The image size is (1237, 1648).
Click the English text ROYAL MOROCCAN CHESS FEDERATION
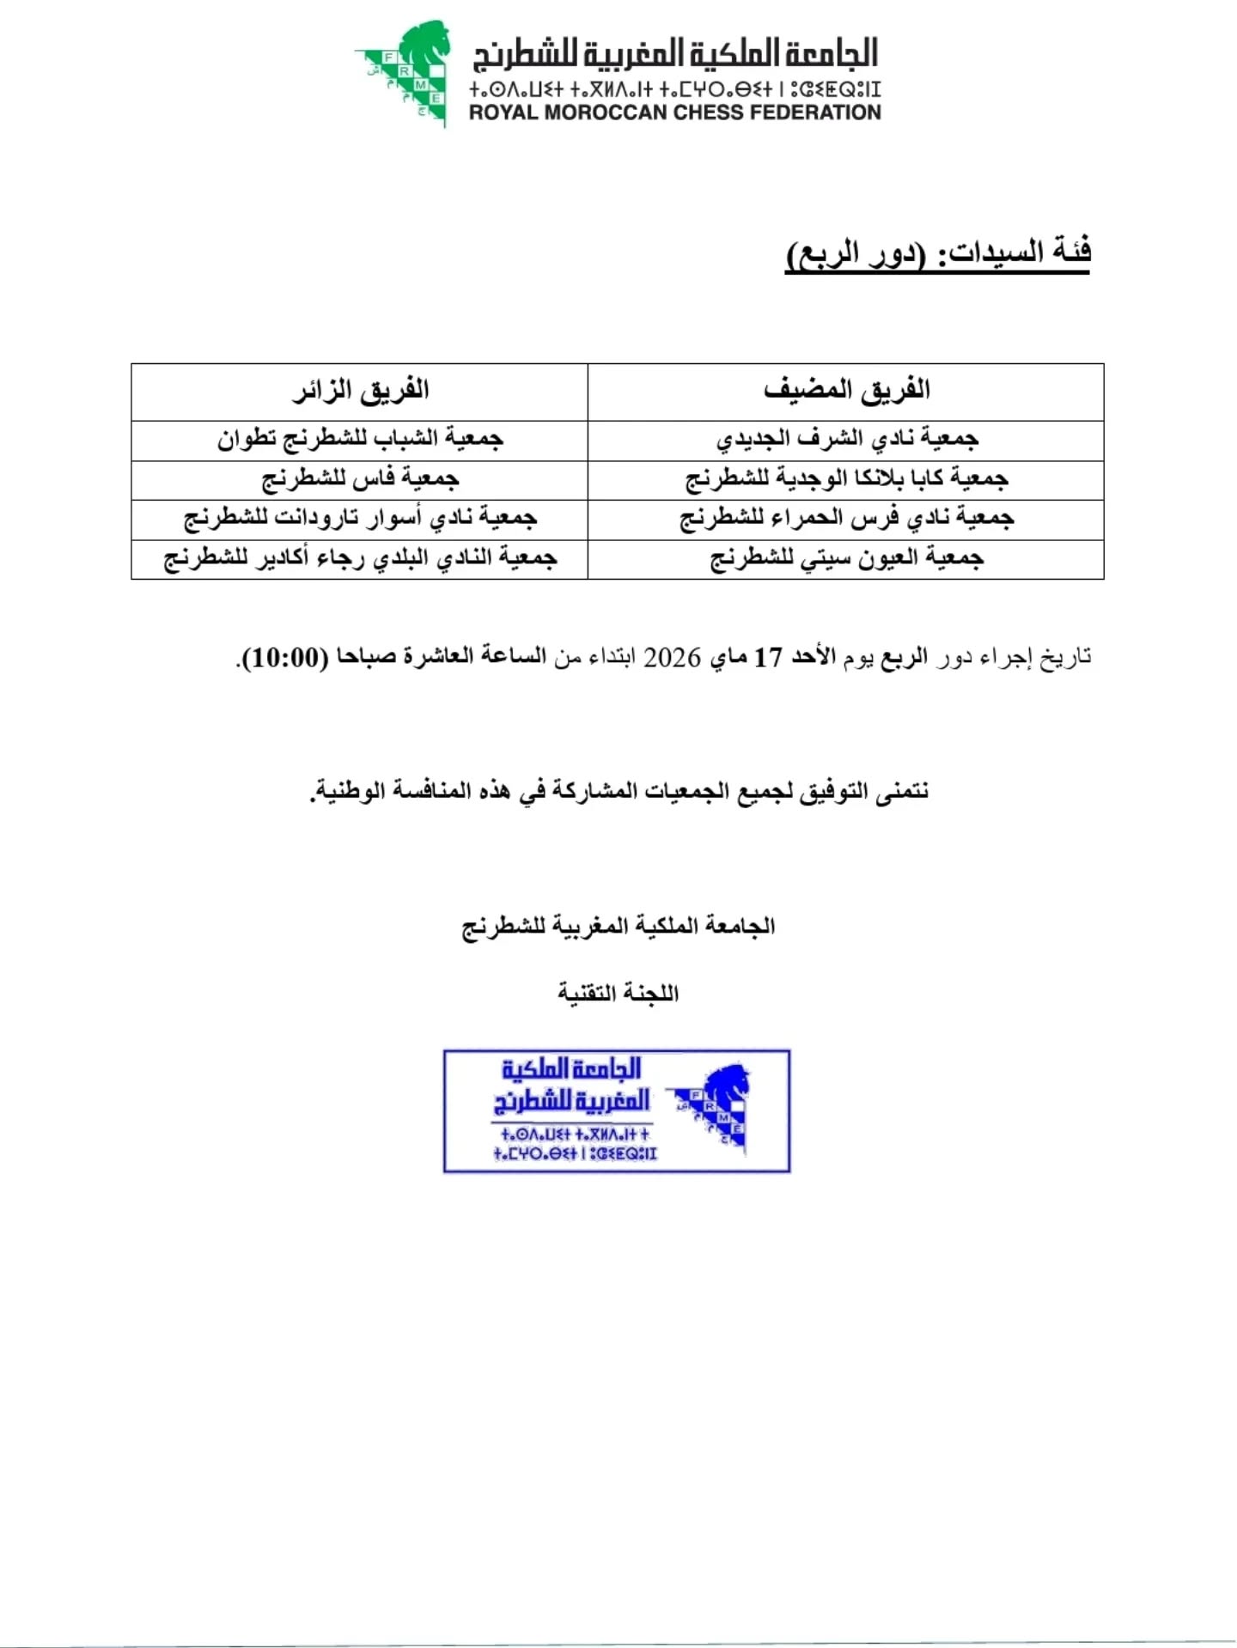click(x=674, y=113)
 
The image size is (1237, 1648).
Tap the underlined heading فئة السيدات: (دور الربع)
click(x=938, y=253)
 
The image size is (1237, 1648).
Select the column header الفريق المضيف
click(x=846, y=391)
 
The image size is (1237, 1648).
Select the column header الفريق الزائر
click(x=360, y=391)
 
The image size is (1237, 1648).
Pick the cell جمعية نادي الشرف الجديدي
click(x=846, y=439)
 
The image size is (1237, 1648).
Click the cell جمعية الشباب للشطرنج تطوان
click(x=360, y=439)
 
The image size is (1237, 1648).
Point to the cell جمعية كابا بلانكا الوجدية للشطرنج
click(x=846, y=479)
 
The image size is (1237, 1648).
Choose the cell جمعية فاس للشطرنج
click(x=360, y=479)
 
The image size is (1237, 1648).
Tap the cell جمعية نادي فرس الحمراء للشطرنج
click(x=846, y=519)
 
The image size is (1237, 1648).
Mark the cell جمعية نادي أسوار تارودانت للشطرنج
click(x=360, y=519)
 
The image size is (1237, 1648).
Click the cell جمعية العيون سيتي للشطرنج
click(x=846, y=559)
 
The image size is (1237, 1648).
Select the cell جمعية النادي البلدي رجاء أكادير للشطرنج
click(x=360, y=559)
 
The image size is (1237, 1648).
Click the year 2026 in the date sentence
click(x=673, y=658)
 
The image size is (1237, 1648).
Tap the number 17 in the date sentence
click(x=768, y=658)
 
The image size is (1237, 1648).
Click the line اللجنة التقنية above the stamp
click(x=618, y=994)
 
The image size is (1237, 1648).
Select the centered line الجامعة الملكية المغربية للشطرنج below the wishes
click(x=618, y=927)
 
